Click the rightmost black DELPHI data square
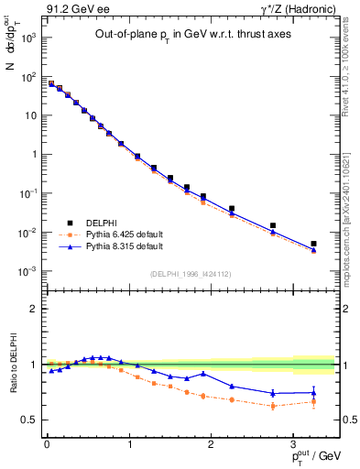coord(313,244)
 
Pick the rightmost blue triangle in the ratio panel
coord(313,392)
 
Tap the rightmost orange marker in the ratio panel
coord(313,401)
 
